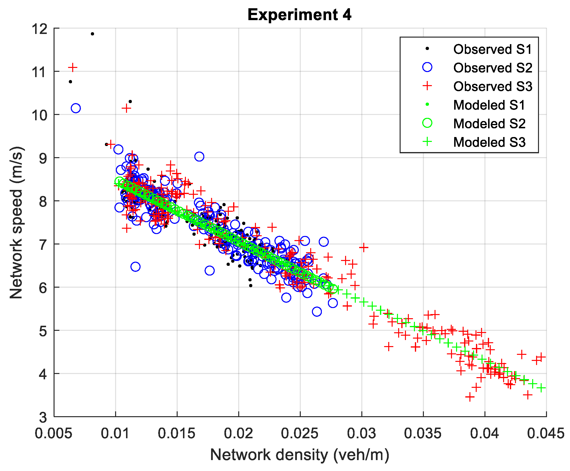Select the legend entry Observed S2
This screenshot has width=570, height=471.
point(492,68)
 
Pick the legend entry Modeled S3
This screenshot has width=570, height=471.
point(489,142)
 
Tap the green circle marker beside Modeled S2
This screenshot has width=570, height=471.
point(427,123)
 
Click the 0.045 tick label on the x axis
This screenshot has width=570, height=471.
point(546,433)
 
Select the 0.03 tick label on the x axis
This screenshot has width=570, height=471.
point(361,433)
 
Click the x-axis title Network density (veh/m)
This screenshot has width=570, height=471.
point(300,455)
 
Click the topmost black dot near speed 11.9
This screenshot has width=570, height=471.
point(92,34)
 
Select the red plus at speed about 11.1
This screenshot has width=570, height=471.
point(73,67)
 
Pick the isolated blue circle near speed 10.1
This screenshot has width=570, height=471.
point(76,108)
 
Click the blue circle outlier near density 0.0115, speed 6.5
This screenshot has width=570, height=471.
point(135,267)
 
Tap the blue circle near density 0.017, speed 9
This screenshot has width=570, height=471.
point(199,156)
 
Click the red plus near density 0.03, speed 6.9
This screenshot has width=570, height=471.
point(364,247)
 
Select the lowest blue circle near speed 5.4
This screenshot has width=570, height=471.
point(317,311)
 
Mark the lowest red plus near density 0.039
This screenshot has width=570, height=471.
point(470,397)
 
